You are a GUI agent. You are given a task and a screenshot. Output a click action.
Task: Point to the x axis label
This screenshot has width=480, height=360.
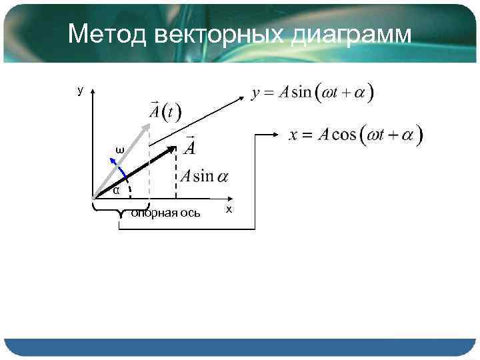click(229, 209)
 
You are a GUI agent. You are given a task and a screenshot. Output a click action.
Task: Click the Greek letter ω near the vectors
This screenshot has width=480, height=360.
click(119, 150)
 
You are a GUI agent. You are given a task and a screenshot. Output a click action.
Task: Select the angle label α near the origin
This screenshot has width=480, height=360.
click(116, 191)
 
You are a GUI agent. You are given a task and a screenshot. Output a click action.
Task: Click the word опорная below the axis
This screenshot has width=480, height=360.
click(153, 213)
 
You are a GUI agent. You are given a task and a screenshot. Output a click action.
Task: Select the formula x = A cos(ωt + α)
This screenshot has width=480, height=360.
click(356, 135)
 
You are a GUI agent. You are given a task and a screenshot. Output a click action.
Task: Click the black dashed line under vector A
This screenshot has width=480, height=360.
click(175, 175)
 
